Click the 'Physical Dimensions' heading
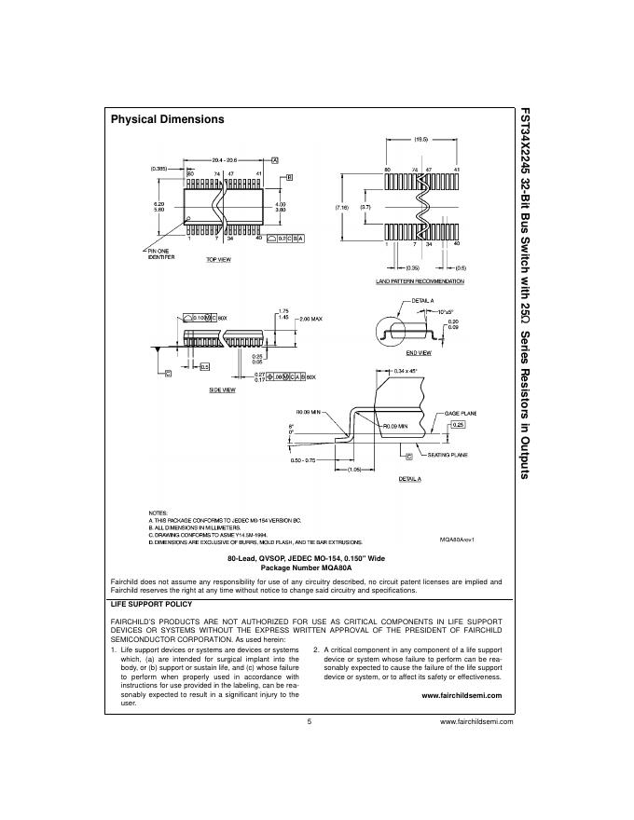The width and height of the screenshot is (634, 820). (168, 119)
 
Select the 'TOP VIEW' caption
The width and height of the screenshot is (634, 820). (218, 259)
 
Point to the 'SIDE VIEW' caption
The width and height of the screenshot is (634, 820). (221, 389)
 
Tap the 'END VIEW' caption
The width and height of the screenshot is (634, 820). (418, 353)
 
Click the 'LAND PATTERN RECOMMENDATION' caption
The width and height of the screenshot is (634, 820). (420, 280)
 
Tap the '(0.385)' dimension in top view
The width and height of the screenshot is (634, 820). (160, 169)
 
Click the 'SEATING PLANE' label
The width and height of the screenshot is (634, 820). (448, 455)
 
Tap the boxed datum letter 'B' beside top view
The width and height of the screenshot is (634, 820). (289, 177)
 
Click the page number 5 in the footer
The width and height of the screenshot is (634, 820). (309, 721)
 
